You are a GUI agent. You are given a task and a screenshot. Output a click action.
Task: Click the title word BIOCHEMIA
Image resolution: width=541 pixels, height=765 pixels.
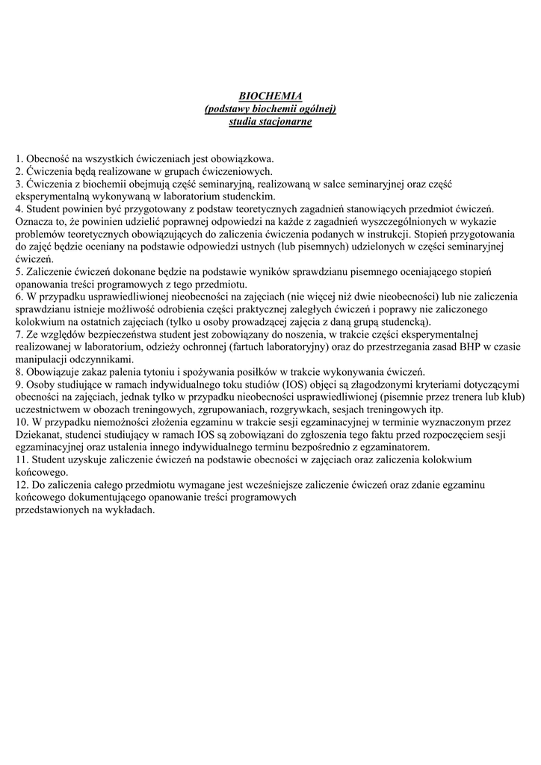click(270, 96)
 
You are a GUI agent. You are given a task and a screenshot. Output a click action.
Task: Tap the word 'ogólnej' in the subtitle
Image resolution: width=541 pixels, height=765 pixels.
click(316, 109)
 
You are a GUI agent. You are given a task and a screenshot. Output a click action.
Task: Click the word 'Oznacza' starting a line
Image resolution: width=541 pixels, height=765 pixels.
click(33, 220)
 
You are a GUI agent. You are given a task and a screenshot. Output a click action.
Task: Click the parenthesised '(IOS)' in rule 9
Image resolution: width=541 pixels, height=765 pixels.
click(288, 384)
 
